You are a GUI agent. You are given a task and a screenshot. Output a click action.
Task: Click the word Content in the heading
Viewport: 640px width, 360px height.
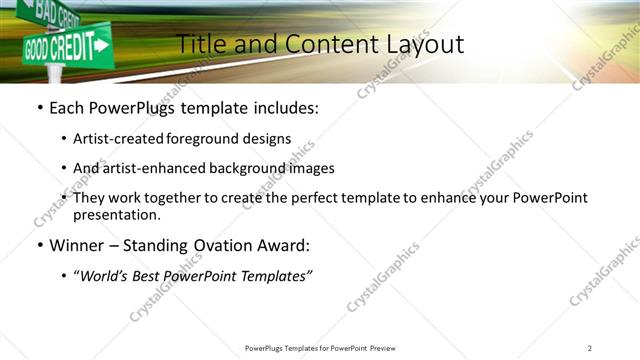(322, 44)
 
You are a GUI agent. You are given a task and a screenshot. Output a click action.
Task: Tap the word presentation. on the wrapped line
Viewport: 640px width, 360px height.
(116, 215)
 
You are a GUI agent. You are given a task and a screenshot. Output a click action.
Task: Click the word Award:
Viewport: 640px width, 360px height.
(283, 245)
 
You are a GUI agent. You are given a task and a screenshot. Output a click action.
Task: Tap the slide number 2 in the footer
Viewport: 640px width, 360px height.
(590, 348)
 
